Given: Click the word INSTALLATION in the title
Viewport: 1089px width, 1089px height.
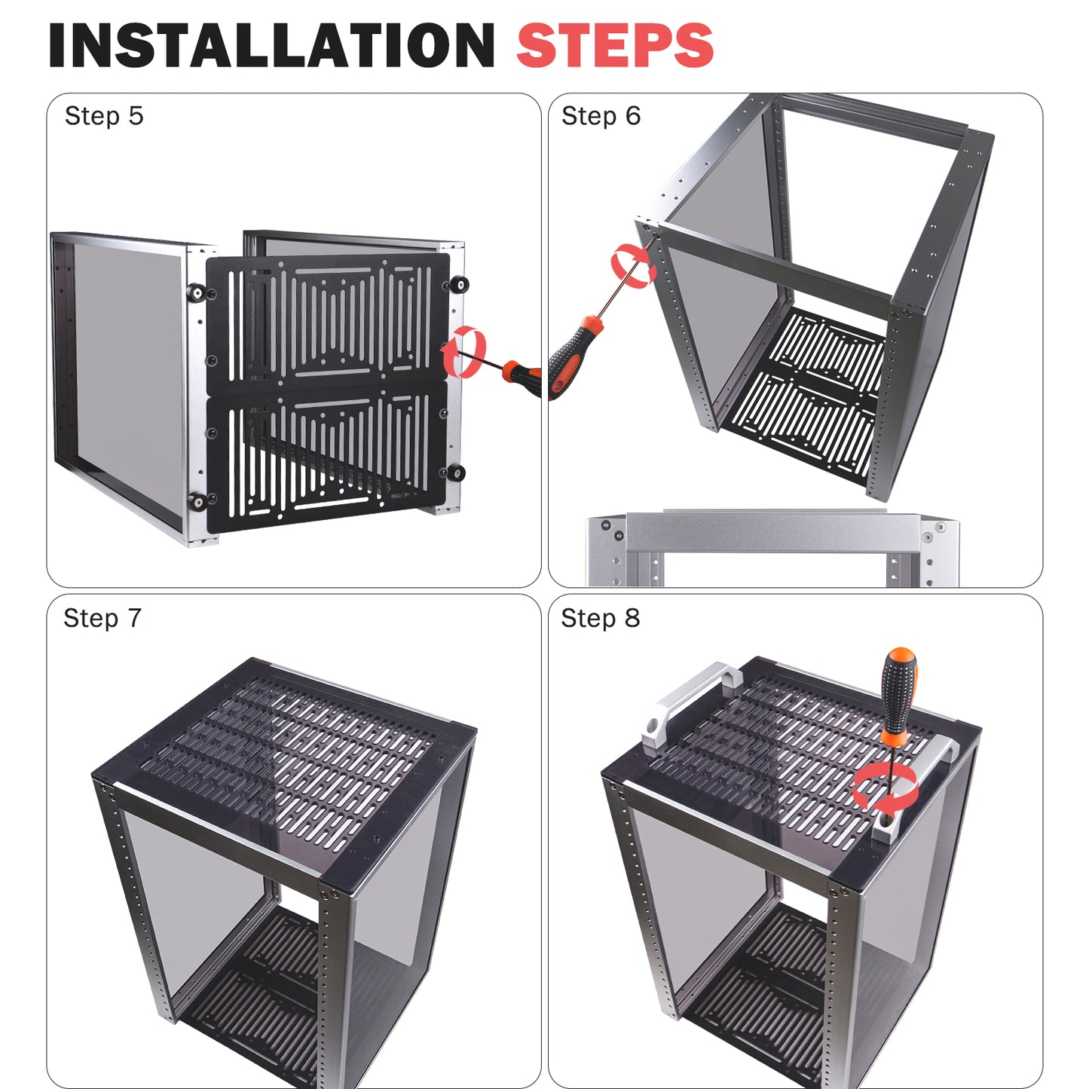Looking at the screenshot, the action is click(x=272, y=45).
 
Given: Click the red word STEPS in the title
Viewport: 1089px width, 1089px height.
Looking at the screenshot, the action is click(x=615, y=45).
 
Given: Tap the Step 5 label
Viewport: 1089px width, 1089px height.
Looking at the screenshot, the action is click(x=104, y=116).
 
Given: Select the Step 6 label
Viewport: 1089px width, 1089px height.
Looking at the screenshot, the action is click(x=601, y=116).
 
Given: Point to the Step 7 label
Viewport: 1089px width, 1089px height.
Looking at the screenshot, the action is click(x=102, y=618).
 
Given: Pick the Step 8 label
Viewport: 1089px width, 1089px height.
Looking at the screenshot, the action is click(x=600, y=618).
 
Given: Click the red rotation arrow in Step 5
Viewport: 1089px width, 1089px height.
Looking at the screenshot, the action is click(x=463, y=351).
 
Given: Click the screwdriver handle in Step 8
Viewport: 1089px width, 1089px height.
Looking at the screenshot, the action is click(x=899, y=693).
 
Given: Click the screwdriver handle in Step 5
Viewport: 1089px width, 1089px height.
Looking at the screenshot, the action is click(x=523, y=378).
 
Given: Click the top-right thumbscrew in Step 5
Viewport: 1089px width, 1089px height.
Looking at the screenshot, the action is click(x=459, y=284).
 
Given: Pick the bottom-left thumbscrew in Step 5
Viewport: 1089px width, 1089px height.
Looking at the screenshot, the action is click(x=197, y=502).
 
